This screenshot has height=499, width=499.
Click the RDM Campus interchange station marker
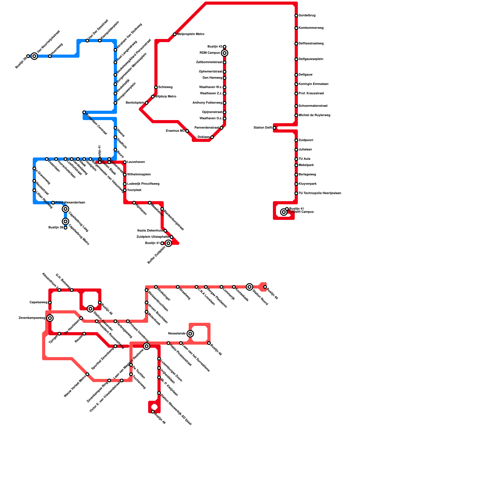point(225,53)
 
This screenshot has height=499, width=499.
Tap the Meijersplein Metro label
point(191,34)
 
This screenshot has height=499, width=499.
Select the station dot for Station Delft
point(274,128)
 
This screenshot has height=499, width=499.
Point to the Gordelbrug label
point(307,16)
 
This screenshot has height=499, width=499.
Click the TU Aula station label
point(304,159)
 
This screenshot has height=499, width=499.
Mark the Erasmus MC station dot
point(187,131)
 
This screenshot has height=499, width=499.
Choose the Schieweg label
point(165,87)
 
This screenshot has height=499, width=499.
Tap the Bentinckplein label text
point(135,103)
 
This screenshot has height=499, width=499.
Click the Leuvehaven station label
point(136,162)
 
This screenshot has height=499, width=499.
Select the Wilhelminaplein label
point(139,175)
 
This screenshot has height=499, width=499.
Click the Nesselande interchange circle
point(190,334)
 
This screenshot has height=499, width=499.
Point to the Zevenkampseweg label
point(32,318)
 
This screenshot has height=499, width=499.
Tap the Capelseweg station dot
point(50,303)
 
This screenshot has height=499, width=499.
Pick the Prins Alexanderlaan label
point(70,203)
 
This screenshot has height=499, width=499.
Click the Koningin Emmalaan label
point(313,84)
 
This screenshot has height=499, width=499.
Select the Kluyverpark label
point(308,184)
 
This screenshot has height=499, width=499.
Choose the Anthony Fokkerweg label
point(207,103)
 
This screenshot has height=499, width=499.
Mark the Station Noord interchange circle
point(249,287)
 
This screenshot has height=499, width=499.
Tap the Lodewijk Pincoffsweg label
point(143,184)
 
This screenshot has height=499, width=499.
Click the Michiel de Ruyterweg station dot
point(296,115)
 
